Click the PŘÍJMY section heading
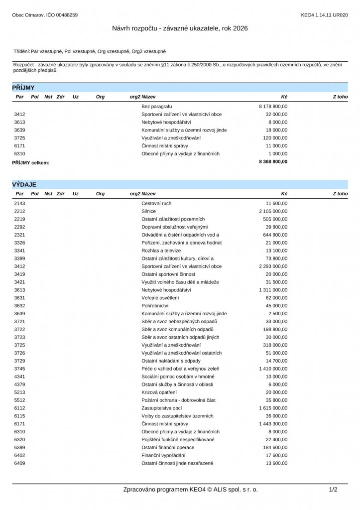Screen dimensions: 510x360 coord(23,88)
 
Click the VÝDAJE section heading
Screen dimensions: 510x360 coord(24,185)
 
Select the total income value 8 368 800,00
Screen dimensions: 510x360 coord(273,162)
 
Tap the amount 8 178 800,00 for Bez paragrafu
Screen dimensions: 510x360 coord(273,107)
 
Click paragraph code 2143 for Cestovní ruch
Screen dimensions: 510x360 coord(20,204)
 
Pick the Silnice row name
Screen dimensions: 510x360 coord(148,211)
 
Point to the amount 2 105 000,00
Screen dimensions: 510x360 coord(273,211)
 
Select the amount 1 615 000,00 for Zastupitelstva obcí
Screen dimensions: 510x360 coord(273,408)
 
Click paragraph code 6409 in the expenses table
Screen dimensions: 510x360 coord(20,463)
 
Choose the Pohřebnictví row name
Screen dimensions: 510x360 coord(155,306)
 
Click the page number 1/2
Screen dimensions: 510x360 coord(333,490)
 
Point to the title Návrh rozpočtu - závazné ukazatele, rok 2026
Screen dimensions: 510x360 coord(180,28)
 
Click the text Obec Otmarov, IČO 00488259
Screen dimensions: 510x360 coord(45,15)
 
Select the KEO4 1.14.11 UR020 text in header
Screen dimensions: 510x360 coord(324,15)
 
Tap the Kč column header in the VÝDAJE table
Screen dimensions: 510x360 coord(284,193)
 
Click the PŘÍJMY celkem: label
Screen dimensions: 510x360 coord(31,162)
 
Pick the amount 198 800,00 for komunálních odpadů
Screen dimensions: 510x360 coord(275,329)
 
